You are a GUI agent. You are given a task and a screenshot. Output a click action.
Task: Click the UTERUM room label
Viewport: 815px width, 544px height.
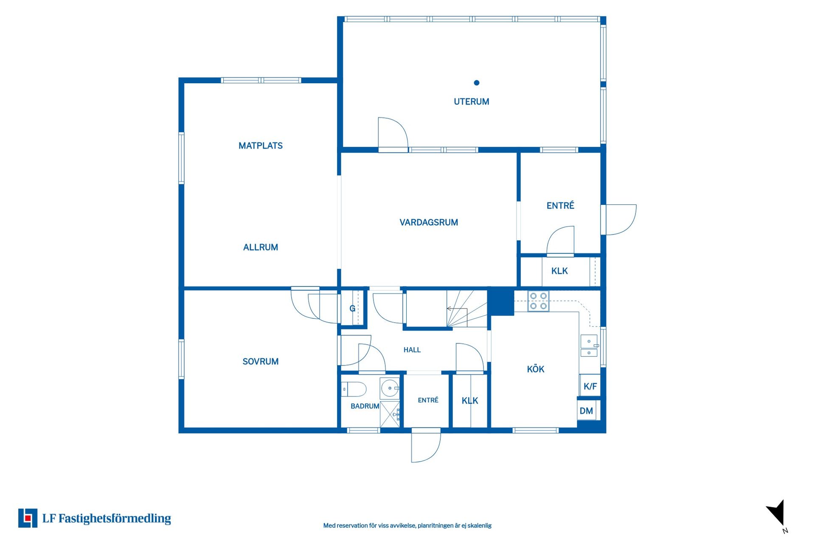click(x=471, y=102)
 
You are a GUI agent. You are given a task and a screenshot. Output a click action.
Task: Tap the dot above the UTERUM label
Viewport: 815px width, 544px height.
click(x=477, y=83)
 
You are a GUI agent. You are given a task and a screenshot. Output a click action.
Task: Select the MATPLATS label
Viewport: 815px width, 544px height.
click(x=261, y=146)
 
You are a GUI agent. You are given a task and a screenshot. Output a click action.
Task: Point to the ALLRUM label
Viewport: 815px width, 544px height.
click(x=261, y=247)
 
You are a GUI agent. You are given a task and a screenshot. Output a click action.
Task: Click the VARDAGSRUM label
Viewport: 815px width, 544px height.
click(x=429, y=222)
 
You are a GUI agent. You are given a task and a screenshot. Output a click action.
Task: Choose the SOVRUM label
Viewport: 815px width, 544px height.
click(x=261, y=362)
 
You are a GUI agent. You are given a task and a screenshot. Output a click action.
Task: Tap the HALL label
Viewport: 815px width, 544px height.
click(x=412, y=350)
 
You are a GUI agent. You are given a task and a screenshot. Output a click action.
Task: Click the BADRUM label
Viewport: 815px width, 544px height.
click(x=365, y=406)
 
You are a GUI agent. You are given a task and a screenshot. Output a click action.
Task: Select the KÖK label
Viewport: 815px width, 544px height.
click(x=536, y=369)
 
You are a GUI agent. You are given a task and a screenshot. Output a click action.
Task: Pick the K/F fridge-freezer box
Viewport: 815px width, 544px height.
click(x=590, y=386)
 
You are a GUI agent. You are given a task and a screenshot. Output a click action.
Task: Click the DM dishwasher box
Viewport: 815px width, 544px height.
click(x=587, y=411)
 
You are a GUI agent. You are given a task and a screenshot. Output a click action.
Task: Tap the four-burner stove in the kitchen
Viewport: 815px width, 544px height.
click(x=538, y=301)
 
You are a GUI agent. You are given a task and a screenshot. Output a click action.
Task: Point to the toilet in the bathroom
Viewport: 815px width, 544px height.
click(x=354, y=389)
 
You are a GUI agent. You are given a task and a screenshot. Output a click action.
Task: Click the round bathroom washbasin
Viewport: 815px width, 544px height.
click(x=390, y=388)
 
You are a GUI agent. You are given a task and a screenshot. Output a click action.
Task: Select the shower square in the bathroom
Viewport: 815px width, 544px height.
click(x=390, y=414)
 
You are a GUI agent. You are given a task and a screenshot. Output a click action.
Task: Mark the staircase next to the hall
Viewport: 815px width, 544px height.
click(x=467, y=309)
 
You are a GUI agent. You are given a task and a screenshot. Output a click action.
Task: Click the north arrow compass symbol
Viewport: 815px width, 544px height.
click(x=777, y=514)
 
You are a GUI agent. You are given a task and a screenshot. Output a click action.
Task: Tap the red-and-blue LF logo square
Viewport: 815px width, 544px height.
click(x=28, y=518)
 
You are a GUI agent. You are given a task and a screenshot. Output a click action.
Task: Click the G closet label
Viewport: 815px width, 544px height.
click(x=352, y=309)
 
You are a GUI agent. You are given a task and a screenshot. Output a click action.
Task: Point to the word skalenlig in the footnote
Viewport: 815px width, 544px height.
click(x=479, y=526)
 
